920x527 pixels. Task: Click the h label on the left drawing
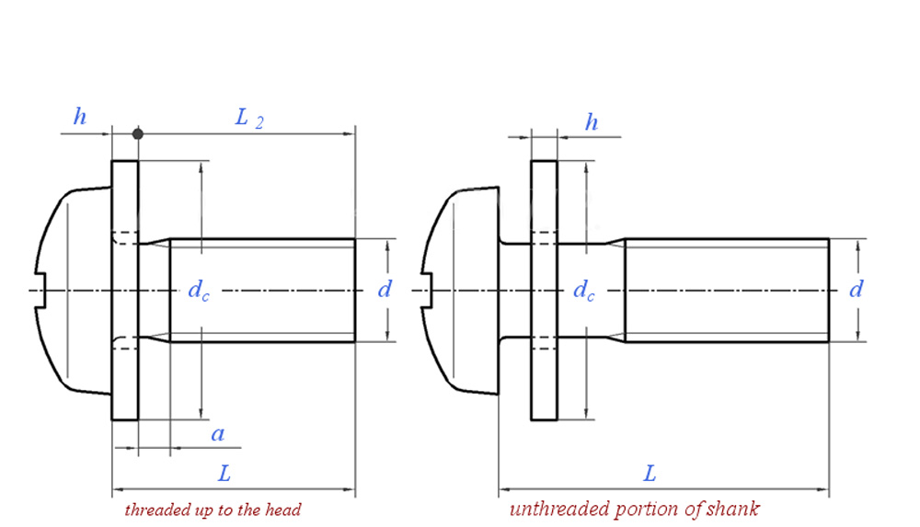[81, 117]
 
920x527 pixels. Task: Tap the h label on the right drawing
[592, 122]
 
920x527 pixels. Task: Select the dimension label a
[217, 434]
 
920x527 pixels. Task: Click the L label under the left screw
[224, 474]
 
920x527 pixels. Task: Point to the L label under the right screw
[650, 474]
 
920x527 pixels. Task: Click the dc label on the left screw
[198, 291]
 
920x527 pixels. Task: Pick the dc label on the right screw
[584, 291]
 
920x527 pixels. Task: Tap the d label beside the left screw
[385, 290]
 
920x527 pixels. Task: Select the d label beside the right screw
[856, 290]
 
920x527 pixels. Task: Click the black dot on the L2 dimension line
[138, 134]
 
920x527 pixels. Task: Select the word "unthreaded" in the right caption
[555, 509]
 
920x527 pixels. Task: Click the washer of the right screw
[543, 368]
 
